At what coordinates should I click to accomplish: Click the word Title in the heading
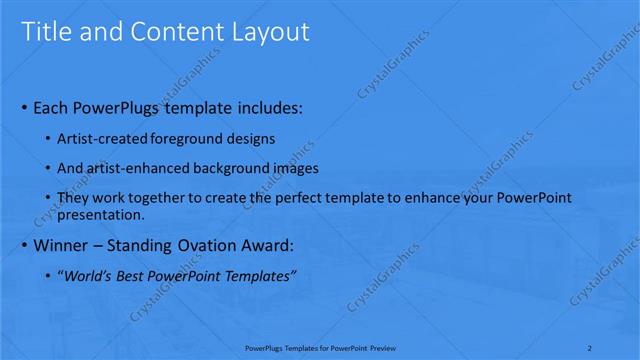coord(45,32)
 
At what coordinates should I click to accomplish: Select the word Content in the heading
coord(176,32)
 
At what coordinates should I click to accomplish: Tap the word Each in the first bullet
coord(51,107)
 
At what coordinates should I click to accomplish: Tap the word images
coord(294,168)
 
